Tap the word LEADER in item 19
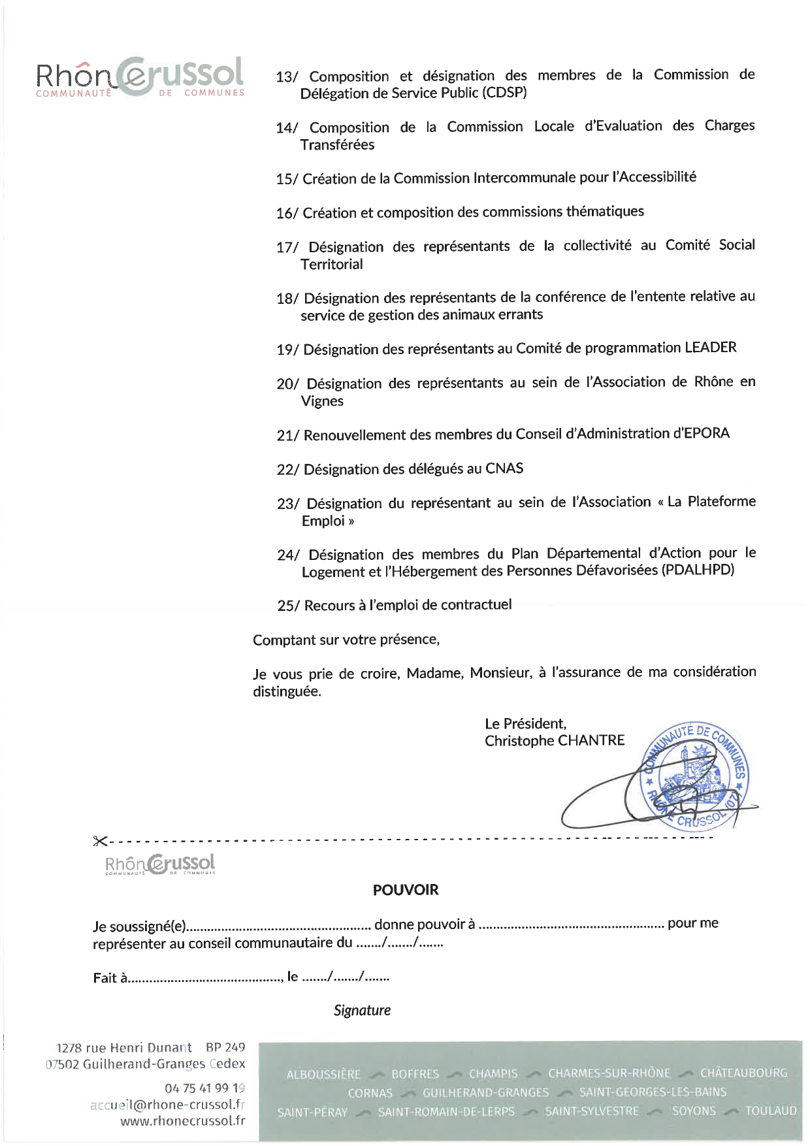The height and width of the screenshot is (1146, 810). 710,348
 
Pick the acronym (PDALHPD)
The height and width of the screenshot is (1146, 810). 698,570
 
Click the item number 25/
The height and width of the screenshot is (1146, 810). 288,606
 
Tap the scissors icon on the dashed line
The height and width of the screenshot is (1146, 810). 100,841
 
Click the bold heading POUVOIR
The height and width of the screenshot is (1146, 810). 406,890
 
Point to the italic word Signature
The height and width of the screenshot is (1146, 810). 362,1010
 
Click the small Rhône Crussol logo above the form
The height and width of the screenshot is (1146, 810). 160,864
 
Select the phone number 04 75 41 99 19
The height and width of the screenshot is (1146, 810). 204,1088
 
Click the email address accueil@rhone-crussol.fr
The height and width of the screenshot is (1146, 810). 168,1104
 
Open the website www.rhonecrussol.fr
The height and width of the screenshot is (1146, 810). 183,1121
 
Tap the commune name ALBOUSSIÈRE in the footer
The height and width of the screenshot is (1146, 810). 323,1074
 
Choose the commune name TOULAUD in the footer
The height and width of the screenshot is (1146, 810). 771,1111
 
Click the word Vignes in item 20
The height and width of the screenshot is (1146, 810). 322,401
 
